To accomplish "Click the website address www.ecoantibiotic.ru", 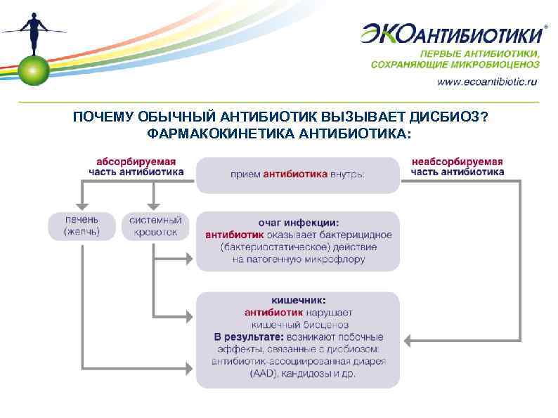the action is pyautogui.click(x=487, y=81).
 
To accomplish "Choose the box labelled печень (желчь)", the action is pyautogui.click(x=82, y=226).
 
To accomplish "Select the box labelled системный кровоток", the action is pyautogui.click(x=155, y=226).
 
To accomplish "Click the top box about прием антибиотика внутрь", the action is pyautogui.click(x=297, y=174).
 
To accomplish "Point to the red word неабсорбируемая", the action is pyautogui.click(x=457, y=162).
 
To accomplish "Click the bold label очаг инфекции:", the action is pyautogui.click(x=298, y=223).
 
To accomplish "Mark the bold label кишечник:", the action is pyautogui.click(x=298, y=300).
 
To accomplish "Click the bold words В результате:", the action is pyautogui.click(x=245, y=337).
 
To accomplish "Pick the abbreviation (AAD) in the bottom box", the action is pyautogui.click(x=263, y=374).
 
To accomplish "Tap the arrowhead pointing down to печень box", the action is pyautogui.click(x=82, y=204).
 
